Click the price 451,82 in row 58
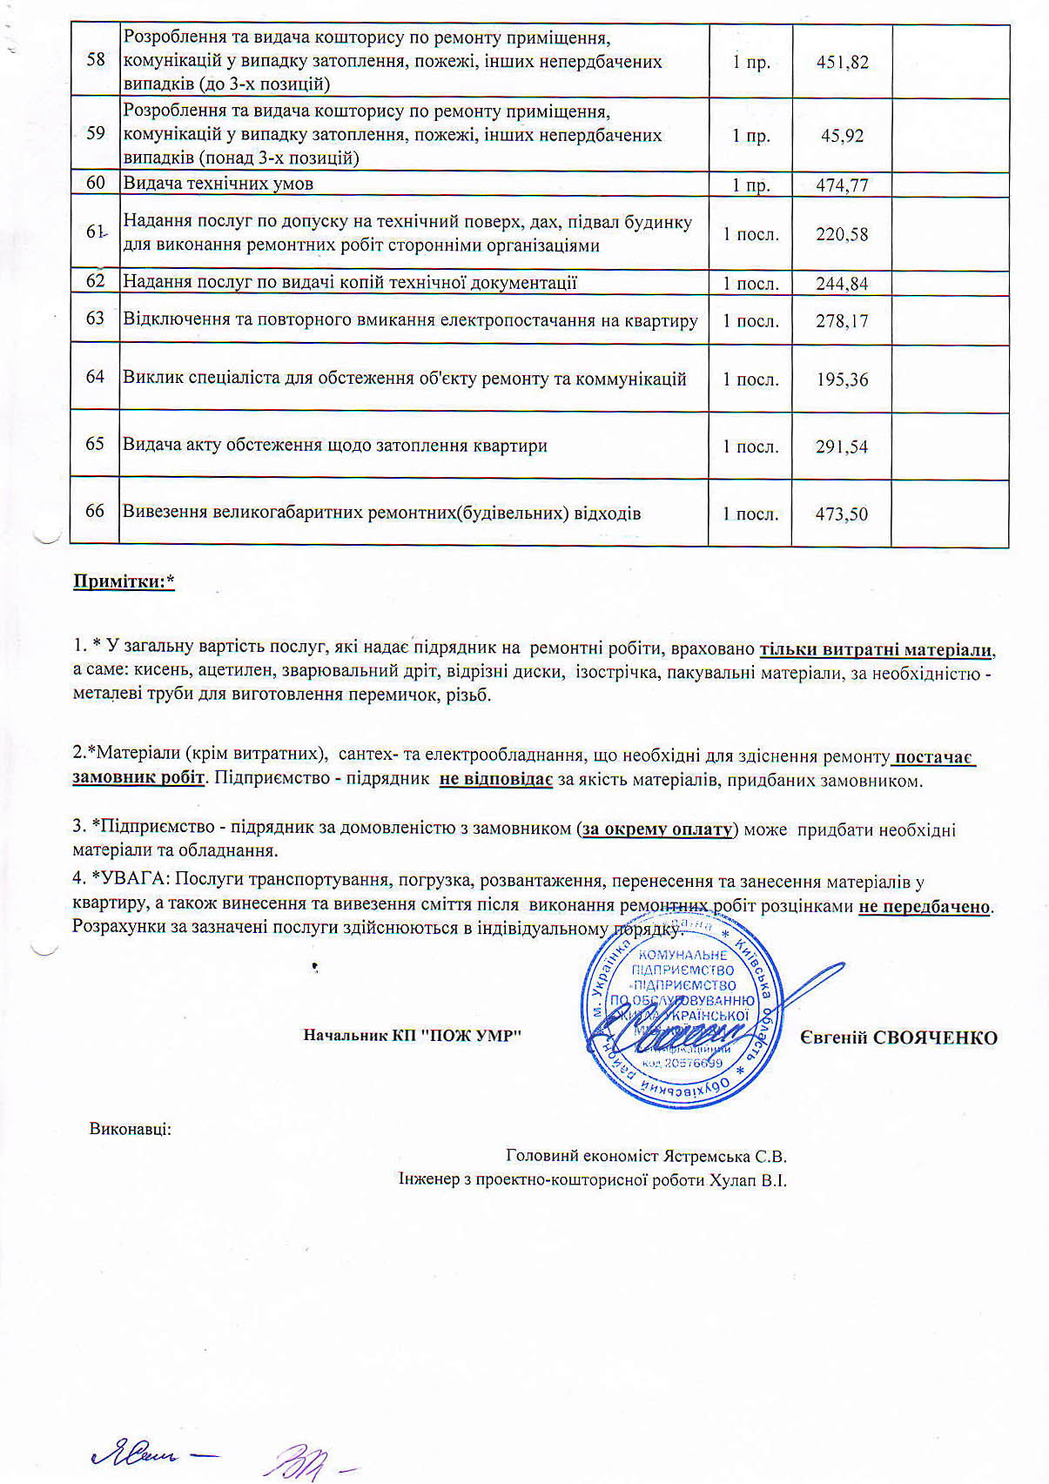point(842,63)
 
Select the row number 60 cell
point(96,183)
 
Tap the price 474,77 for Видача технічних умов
point(842,185)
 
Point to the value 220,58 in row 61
point(842,234)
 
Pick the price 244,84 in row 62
point(842,284)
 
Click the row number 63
point(96,319)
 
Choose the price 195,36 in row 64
point(842,379)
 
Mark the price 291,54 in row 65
point(842,447)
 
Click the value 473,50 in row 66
point(841,514)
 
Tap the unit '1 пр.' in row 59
point(750,136)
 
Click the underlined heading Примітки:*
point(124,581)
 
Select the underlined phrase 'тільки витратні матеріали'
point(877,650)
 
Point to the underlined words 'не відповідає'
point(495,780)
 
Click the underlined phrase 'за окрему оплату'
point(657,829)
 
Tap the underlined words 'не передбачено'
point(925,906)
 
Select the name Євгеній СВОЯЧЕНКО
point(898,1037)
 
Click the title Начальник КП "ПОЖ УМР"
point(412,1036)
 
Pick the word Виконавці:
point(131,1130)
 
